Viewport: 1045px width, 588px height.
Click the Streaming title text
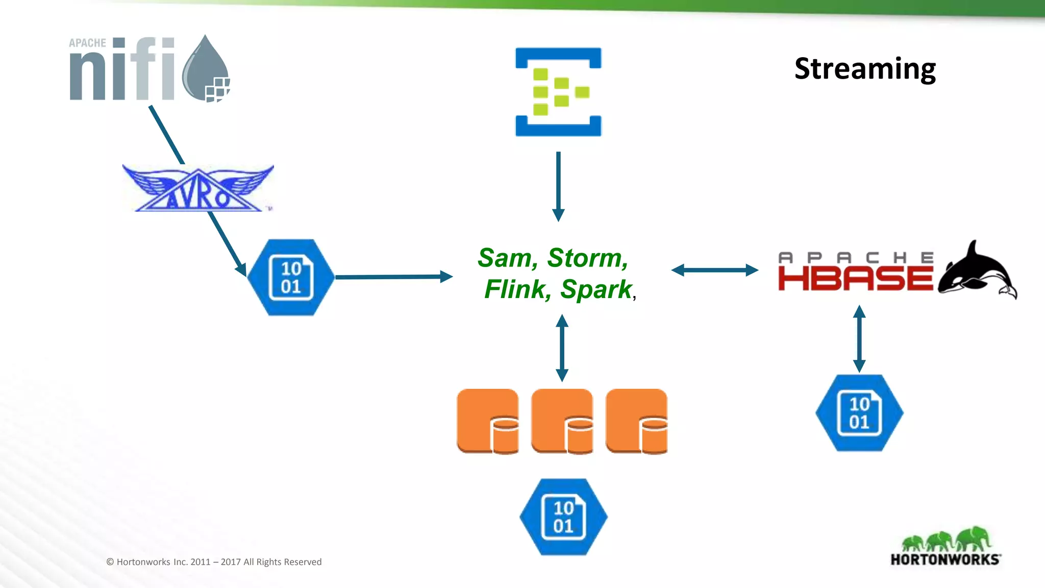coord(865,68)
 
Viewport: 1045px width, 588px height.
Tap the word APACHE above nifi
coord(87,43)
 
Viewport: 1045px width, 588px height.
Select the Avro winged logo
coord(198,188)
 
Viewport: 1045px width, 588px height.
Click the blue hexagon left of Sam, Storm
coord(291,277)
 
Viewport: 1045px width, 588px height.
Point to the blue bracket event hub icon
coord(558,92)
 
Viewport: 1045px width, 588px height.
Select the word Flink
coord(516,289)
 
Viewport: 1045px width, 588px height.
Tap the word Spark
coord(595,289)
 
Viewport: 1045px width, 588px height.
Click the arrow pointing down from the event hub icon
coord(558,186)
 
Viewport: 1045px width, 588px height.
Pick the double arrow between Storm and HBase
coord(714,270)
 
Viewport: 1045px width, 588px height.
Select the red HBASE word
coord(855,279)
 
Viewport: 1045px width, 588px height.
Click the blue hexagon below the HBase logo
coord(859,412)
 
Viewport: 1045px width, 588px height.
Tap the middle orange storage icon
coord(562,421)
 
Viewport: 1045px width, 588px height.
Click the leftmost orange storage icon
coord(487,421)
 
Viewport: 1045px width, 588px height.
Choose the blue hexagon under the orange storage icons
coord(563,517)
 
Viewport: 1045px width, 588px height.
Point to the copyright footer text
coord(214,562)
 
